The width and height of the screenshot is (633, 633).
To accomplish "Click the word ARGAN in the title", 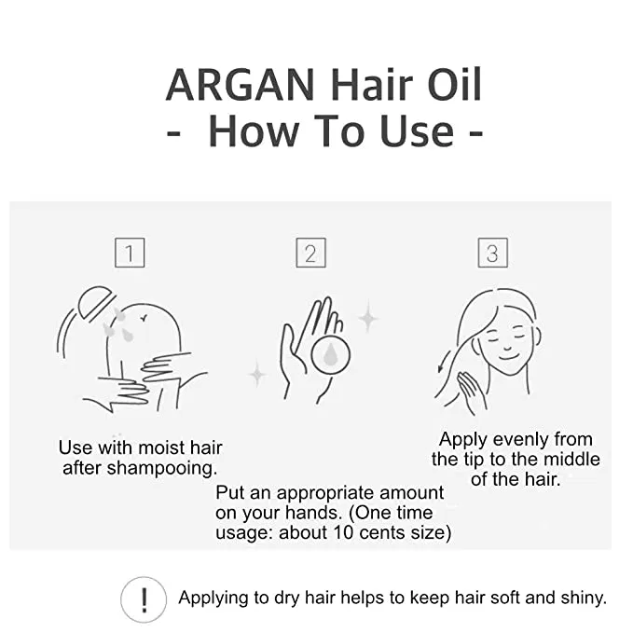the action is [241, 85].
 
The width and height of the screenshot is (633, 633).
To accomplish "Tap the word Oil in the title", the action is [455, 84].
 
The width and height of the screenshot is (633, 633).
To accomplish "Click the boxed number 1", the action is [130, 253].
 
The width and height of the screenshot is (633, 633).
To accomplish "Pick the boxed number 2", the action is [310, 253].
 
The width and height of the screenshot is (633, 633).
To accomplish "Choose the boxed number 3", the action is [492, 253].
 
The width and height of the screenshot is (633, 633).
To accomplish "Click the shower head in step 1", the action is [96, 302].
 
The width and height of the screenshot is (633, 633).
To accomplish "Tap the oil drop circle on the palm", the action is [331, 354].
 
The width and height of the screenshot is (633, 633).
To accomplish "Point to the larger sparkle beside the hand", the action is [368, 318].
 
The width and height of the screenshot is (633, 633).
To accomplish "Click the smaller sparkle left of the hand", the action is [257, 374].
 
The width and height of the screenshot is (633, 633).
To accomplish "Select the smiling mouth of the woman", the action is [508, 357].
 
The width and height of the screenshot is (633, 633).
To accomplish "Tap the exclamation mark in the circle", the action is [144, 599].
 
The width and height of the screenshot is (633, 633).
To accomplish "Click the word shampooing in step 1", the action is [162, 468].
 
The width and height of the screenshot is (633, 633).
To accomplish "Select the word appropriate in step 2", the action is [325, 494].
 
